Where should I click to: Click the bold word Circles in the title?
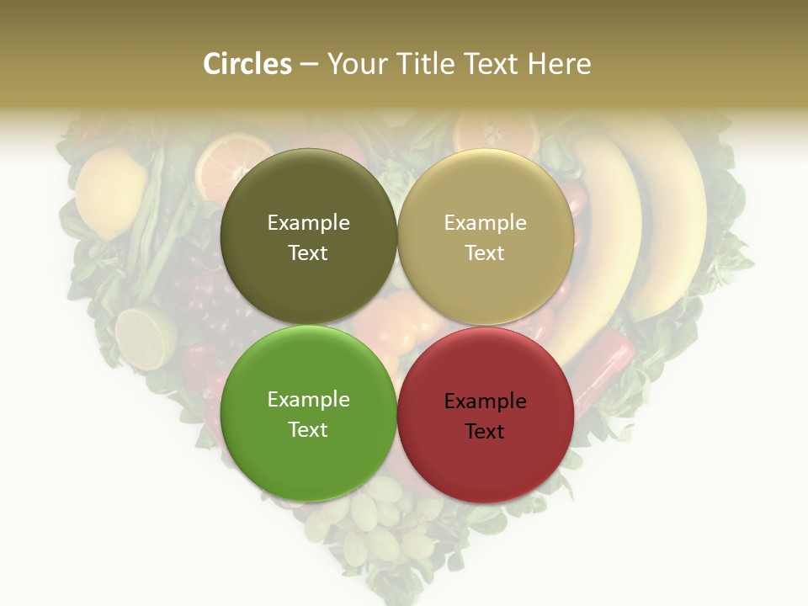pos(247,64)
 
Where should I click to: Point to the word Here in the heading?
pos(559,64)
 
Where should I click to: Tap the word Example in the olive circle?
pos(308,222)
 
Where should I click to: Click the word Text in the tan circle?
pos(485,252)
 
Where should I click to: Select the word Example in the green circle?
pos(308,399)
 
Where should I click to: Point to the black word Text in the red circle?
pos(485,431)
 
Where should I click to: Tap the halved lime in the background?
pos(145,338)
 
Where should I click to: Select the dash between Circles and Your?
pos(309,64)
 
